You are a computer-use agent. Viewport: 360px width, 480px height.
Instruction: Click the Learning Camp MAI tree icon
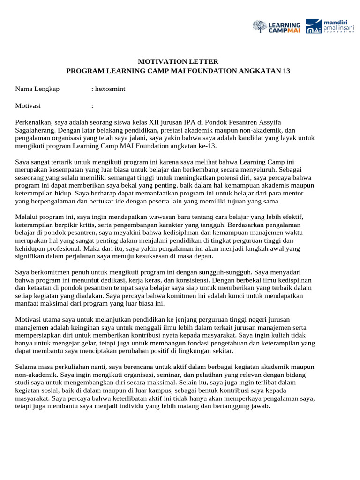[258, 27]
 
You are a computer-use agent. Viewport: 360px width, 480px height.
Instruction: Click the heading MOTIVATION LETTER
[178, 61]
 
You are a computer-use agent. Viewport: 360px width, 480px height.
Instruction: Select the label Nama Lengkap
[37, 89]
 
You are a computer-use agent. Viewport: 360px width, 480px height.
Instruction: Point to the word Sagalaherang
[35, 130]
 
